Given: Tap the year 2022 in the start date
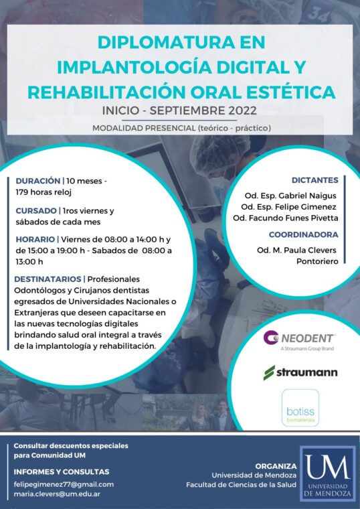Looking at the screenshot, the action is (x=243, y=111).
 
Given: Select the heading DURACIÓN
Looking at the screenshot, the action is (x=38, y=181).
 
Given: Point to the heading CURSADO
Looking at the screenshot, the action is (x=36, y=211).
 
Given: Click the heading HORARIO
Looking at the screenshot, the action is (x=35, y=239).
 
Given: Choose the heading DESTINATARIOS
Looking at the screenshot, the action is (x=48, y=279).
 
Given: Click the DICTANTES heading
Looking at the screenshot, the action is (x=315, y=180).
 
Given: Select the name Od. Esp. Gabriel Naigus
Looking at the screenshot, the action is (x=290, y=196).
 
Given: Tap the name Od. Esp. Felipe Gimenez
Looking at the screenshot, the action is (x=288, y=207).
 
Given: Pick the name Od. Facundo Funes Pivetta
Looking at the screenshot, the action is (x=286, y=218).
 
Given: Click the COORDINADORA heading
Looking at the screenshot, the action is (x=304, y=234).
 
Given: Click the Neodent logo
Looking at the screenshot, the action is (x=298, y=340).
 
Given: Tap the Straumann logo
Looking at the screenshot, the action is (x=300, y=372).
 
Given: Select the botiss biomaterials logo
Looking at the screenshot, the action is (x=300, y=408).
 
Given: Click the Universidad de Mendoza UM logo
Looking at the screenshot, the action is (x=328, y=474).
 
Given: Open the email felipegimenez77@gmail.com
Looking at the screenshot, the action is (x=64, y=484).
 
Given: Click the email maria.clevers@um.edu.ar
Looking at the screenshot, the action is (x=57, y=494).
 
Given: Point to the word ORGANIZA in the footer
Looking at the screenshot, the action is (x=276, y=466).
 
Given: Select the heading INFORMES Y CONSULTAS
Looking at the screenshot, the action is (x=62, y=471).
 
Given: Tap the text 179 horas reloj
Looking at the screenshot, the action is (x=43, y=192).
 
